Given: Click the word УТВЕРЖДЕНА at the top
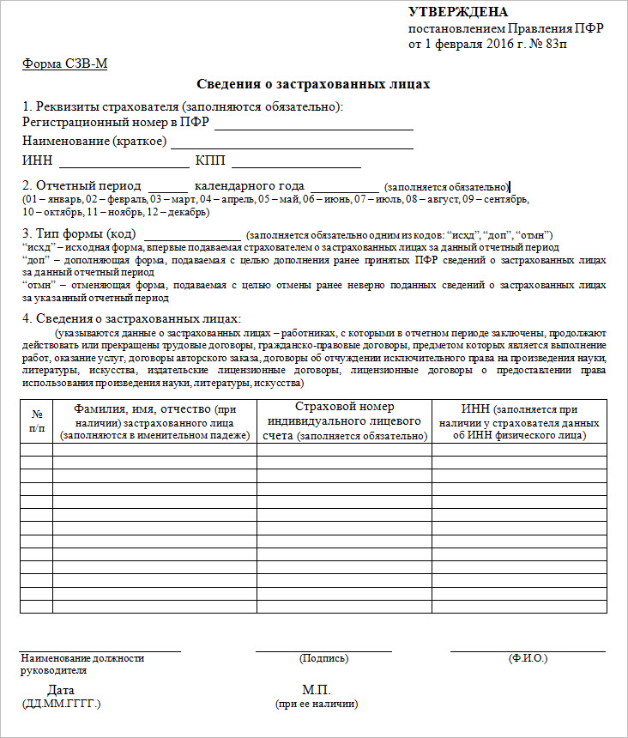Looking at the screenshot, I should [x=457, y=12].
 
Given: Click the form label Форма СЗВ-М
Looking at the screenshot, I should [x=64, y=64].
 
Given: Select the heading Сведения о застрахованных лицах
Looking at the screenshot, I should [x=313, y=84].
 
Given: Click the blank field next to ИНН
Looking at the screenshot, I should [x=124, y=160].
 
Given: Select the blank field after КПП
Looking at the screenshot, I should [x=296, y=160].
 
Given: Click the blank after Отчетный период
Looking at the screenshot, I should [x=167, y=185].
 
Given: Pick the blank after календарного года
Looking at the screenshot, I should [x=344, y=185].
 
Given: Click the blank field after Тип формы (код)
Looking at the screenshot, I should [x=193, y=234].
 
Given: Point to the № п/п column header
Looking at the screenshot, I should [x=37, y=420].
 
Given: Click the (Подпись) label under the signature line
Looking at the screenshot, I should [x=323, y=658].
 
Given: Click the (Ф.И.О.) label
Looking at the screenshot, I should [x=528, y=658].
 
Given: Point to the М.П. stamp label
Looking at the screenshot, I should [x=316, y=690].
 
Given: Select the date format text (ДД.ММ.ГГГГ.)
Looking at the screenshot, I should [x=62, y=704].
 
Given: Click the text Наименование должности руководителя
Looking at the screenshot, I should [x=82, y=664].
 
